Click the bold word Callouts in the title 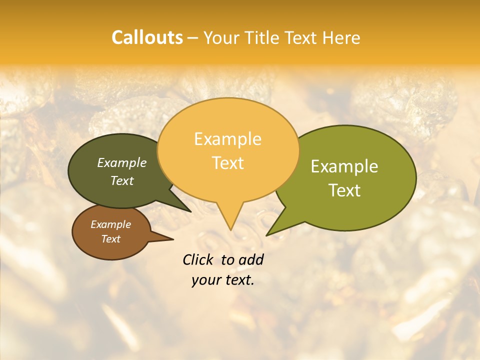pos(147,37)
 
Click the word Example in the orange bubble pos(227,139)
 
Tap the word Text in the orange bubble pos(227,163)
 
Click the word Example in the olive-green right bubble pos(344,166)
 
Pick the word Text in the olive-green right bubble pos(344,190)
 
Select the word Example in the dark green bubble pos(122,163)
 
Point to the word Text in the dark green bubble pos(122,181)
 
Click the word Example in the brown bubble pos(111,224)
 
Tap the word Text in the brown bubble pos(111,239)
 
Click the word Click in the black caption pos(198,259)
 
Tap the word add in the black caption pos(251,259)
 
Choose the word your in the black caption pos(205,280)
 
